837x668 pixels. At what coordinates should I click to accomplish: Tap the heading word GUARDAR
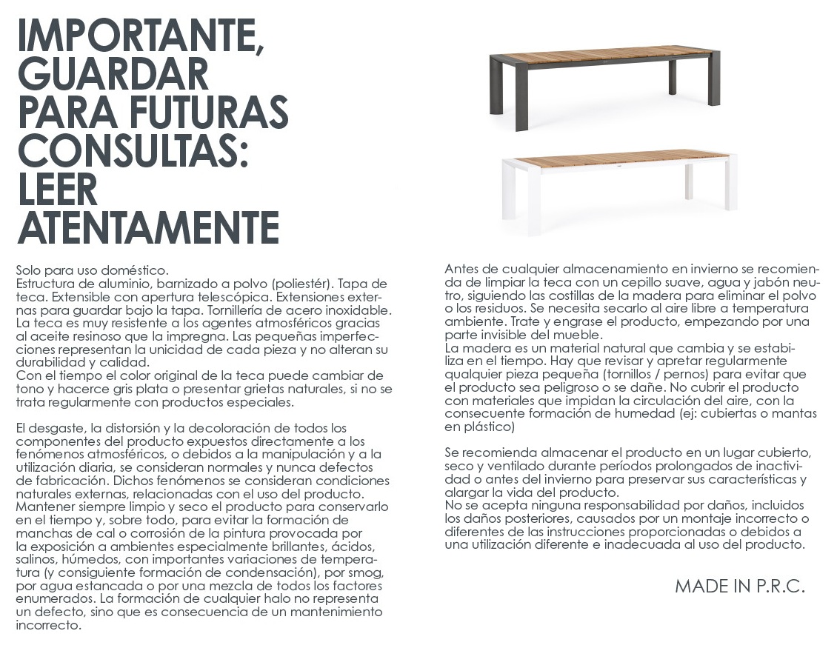(x=113, y=75)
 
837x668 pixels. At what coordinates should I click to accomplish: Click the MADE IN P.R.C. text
(x=739, y=587)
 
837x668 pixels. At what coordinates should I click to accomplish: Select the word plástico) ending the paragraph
(x=490, y=427)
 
